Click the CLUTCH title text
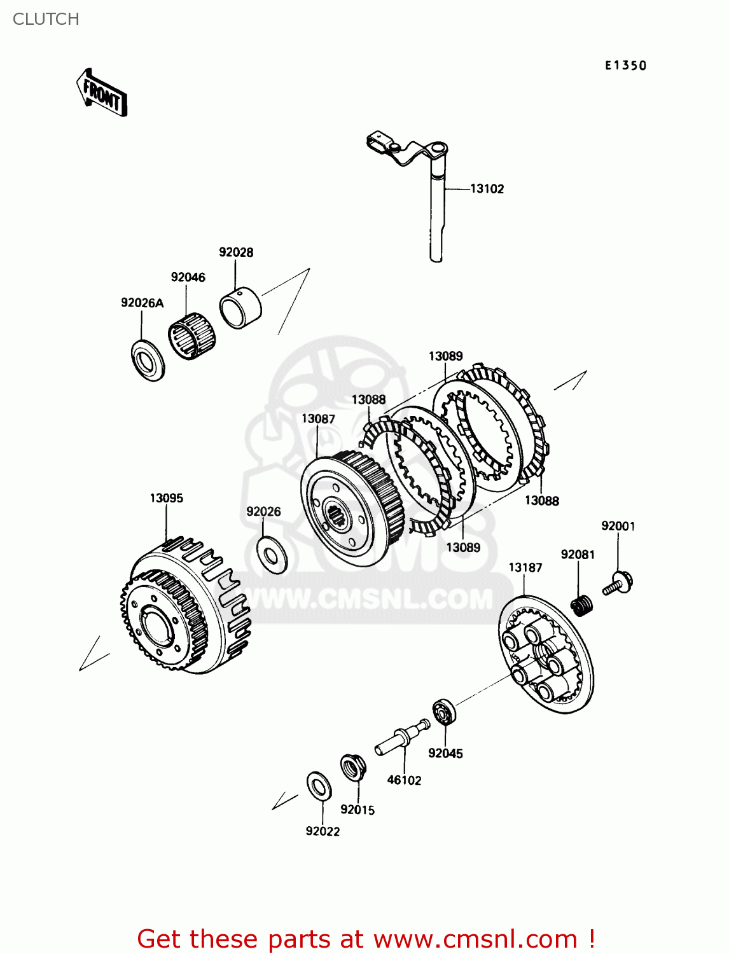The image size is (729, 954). coord(46,19)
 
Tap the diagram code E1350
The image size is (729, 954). coord(625,66)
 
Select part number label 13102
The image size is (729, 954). coord(487,189)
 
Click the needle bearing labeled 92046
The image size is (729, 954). coord(191,335)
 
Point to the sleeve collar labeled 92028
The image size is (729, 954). coord(240,308)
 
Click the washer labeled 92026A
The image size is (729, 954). coord(148,361)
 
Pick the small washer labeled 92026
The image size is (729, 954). coord(272,554)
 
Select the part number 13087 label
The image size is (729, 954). coord(318,418)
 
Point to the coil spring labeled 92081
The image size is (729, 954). coord(581,605)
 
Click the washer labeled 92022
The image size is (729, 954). coord(319,786)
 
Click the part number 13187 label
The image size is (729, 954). coord(525,567)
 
